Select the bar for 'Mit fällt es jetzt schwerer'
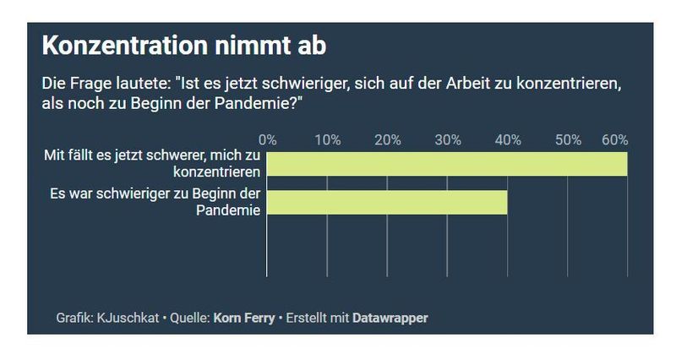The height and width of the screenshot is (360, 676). coord(447,164)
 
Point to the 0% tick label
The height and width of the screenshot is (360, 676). coord(268,139)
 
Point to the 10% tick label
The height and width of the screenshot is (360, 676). coord(328,139)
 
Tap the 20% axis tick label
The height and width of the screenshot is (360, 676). coord(388,139)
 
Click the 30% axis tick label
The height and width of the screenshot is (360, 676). coord(448,139)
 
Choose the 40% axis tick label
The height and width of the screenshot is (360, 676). coord(508,139)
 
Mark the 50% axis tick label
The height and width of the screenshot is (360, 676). coord(568,139)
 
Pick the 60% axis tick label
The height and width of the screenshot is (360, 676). coord(614,139)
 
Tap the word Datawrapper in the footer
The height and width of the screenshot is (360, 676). coord(391,319)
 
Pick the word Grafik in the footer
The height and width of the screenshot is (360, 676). coord(74,319)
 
